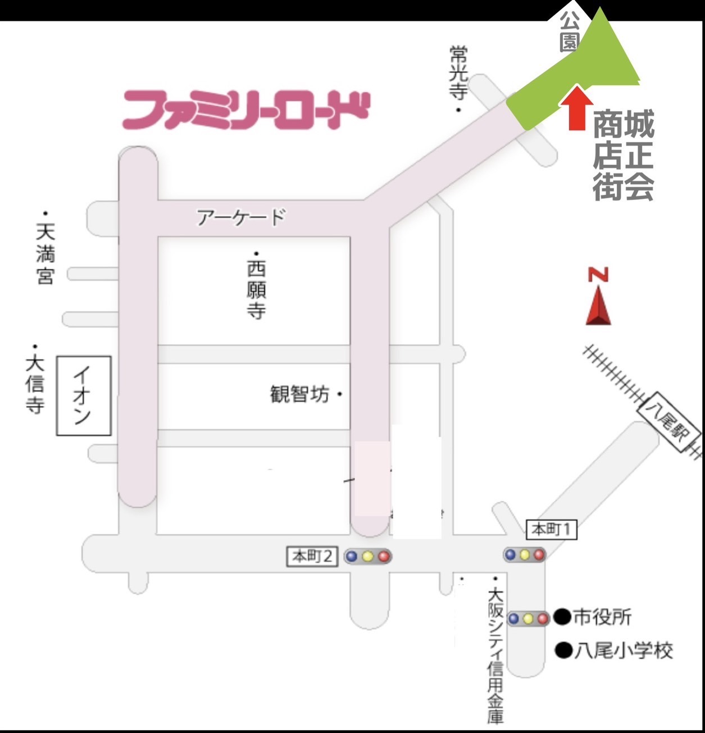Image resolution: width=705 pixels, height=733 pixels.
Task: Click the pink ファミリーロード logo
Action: (246, 110)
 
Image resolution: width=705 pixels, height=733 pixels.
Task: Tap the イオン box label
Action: (84, 395)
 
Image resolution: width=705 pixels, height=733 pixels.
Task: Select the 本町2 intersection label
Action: (312, 557)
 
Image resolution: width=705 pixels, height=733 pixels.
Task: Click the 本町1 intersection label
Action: (552, 529)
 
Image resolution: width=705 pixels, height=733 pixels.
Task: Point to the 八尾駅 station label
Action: (669, 426)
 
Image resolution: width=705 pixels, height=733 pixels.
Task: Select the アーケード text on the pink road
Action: (241, 217)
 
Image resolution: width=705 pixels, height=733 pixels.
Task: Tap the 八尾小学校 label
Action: (622, 651)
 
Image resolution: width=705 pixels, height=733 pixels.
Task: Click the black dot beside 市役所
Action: (562, 617)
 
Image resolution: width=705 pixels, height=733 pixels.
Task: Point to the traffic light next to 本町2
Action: (368, 557)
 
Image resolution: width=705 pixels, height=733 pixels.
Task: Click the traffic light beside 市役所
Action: (528, 619)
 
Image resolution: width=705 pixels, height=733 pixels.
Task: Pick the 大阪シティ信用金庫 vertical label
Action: (495, 654)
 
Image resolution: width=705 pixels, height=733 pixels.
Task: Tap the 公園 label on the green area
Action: (569, 32)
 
